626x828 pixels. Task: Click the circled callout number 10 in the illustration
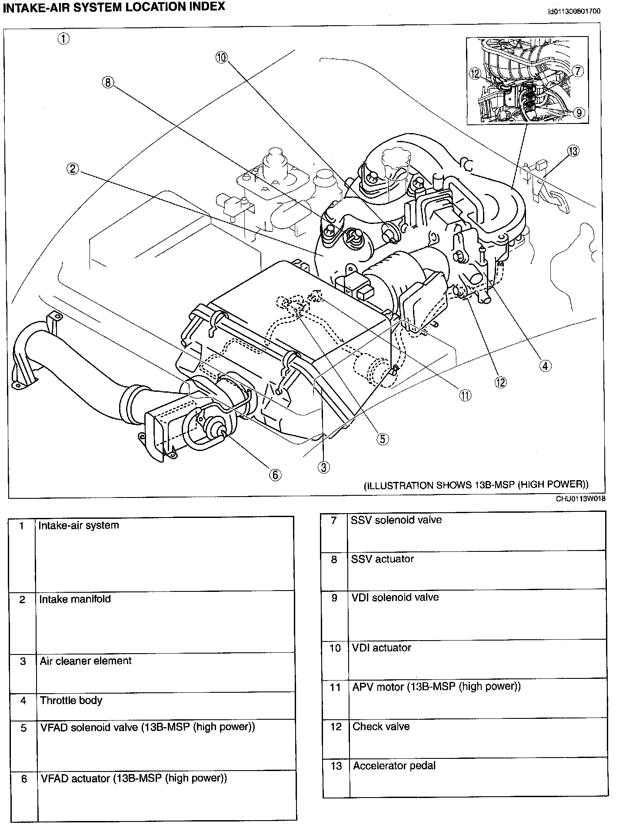tap(222, 57)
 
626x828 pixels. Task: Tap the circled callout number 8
tap(108, 82)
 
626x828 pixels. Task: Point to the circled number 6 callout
tap(275, 475)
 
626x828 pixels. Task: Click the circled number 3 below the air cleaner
tap(323, 467)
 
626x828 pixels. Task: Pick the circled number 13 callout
tap(573, 151)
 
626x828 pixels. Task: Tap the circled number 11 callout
tap(465, 395)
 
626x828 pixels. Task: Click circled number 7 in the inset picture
tap(577, 70)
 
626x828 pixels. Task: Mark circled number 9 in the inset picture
tap(579, 113)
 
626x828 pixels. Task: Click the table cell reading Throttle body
tap(71, 701)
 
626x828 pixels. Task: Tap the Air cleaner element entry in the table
tap(86, 661)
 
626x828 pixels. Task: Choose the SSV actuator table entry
tap(382, 559)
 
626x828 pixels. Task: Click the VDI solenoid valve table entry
tap(395, 598)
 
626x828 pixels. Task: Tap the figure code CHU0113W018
tap(580, 499)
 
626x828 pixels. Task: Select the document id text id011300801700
tap(574, 11)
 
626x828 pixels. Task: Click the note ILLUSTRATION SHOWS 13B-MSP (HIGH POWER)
tap(476, 485)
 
